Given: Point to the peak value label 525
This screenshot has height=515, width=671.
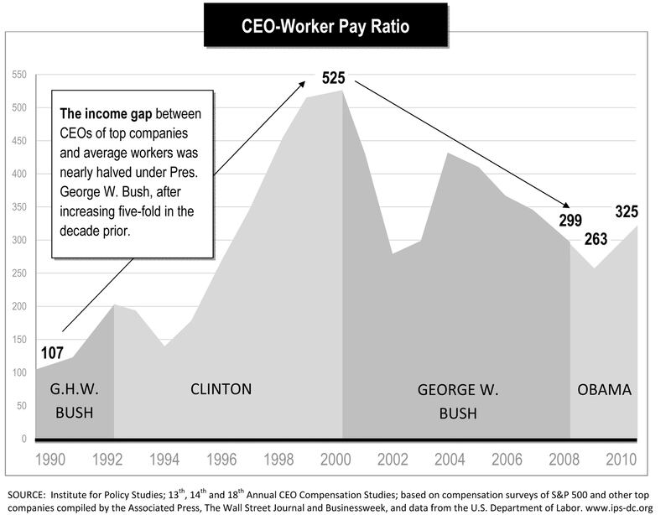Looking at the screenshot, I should coord(334,79).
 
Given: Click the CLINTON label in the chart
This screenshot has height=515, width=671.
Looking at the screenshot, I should coord(221,389).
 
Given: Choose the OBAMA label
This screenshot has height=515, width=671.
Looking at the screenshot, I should coord(604,390).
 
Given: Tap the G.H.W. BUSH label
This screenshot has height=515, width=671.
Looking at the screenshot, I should coord(75,401).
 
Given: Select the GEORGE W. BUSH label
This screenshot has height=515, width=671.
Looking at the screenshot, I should coord(457,401).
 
